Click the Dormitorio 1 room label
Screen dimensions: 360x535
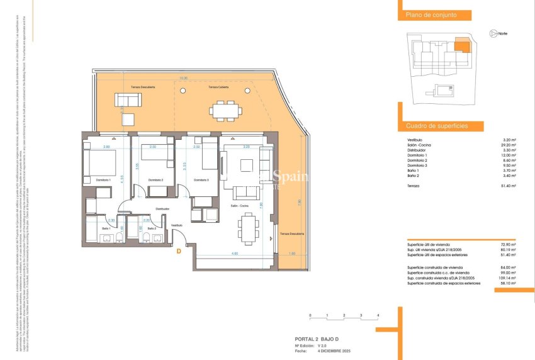(x=103, y=181)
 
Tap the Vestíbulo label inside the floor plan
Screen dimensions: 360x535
(x=177, y=225)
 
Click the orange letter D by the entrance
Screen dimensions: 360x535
(x=179, y=252)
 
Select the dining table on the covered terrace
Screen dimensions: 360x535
(x=225, y=111)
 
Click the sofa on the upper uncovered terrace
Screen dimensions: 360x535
(x=128, y=99)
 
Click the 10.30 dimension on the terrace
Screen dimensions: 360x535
(x=183, y=79)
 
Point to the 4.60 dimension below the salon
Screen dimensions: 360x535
(x=234, y=254)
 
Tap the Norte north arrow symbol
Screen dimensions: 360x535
(x=493, y=33)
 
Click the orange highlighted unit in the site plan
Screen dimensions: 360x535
(x=462, y=45)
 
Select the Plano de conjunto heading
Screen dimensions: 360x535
(x=431, y=14)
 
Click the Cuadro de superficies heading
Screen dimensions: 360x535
(x=437, y=126)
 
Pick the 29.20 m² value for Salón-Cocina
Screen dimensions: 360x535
(x=510, y=145)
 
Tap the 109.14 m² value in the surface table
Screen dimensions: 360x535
(x=508, y=278)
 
